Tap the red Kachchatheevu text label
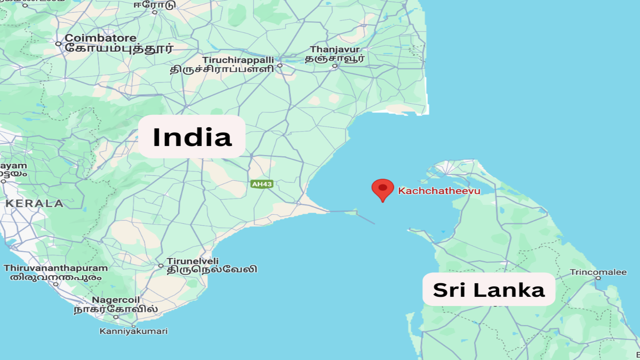[x=439, y=191]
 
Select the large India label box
[x=192, y=137]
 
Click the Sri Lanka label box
[x=489, y=290]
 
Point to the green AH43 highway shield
[x=262, y=184]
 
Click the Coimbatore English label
[x=100, y=38]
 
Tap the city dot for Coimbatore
[x=58, y=44]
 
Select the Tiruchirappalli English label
[x=238, y=60]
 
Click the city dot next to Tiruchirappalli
[x=280, y=66]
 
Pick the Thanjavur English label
[x=335, y=49]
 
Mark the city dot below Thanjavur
[x=335, y=66]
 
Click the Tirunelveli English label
[x=193, y=261]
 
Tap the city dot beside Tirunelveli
[x=161, y=266]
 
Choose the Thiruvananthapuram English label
[x=56, y=268]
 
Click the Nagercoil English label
[x=116, y=300]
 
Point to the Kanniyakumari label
[x=134, y=331]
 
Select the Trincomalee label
[x=598, y=272]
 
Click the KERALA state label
[x=34, y=203]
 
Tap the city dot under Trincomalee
[x=598, y=278]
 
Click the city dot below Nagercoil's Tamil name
[x=116, y=317]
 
